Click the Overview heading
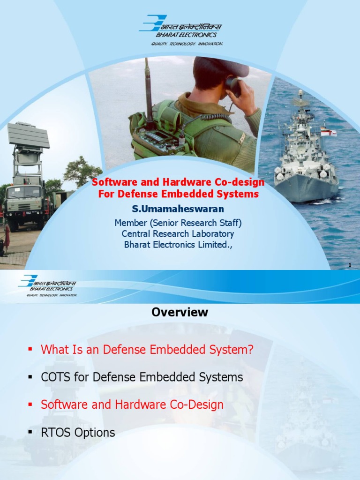point(180,313)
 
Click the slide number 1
point(350,266)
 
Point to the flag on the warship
point(329,133)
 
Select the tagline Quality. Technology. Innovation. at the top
point(187,43)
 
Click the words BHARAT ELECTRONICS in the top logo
point(193,34)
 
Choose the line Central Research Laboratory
point(178,233)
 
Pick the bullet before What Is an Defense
point(30,349)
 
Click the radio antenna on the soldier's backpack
point(147,89)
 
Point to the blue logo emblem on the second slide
point(29,281)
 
